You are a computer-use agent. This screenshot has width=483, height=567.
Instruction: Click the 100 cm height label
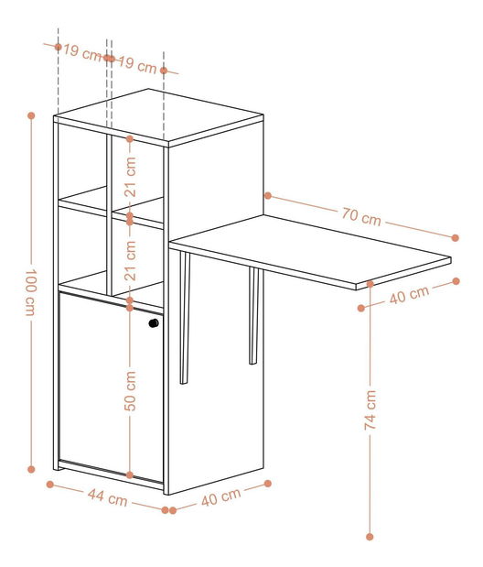click(x=29, y=292)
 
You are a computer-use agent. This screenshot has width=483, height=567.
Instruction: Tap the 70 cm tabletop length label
click(x=361, y=217)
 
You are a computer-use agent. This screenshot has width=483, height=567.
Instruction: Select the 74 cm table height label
click(x=370, y=410)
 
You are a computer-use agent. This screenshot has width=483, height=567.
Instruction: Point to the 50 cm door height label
click(x=130, y=389)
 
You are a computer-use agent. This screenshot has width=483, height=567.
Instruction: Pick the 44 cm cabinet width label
click(x=107, y=498)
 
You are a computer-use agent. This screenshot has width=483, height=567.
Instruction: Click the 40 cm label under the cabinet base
click(x=220, y=498)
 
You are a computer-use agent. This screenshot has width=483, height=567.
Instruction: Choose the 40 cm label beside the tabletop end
click(x=409, y=295)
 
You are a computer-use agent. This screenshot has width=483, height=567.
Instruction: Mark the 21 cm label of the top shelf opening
click(x=130, y=179)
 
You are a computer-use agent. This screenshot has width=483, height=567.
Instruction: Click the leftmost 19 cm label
click(x=82, y=52)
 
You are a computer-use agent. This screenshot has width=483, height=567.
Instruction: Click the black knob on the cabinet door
click(x=154, y=323)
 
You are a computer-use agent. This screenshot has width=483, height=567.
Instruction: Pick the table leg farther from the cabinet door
click(x=253, y=316)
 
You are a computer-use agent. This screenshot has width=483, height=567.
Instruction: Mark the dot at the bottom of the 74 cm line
click(x=370, y=537)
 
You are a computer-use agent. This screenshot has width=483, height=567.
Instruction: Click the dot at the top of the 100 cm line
click(x=31, y=116)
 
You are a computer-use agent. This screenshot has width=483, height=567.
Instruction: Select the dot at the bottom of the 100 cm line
click(x=31, y=469)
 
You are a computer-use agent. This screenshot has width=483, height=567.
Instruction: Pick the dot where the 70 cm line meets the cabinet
click(x=268, y=195)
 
